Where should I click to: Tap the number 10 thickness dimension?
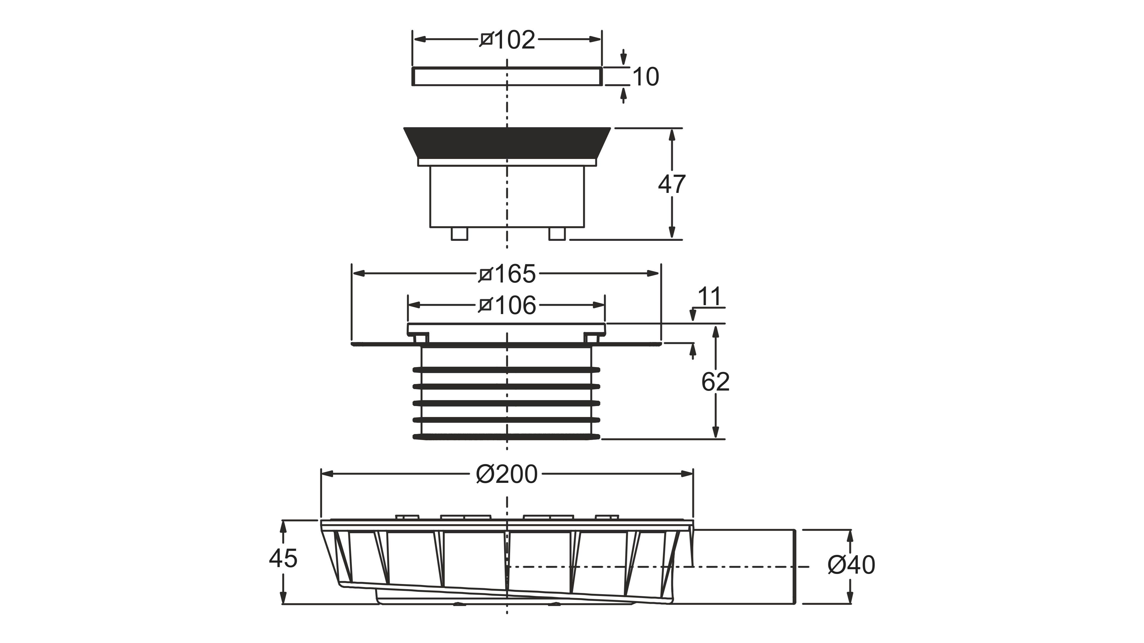pos(645,77)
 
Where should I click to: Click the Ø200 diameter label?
pos(507,474)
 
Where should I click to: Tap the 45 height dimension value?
pos(283,558)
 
